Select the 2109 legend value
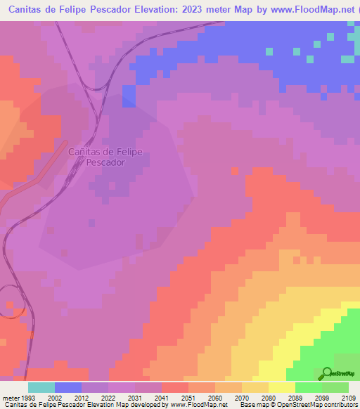(x=349, y=397)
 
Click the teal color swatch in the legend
(x=41, y=387)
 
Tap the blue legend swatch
(x=68, y=387)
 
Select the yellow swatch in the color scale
(x=282, y=387)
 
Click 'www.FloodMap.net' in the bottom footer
(x=199, y=405)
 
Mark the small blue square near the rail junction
(x=129, y=96)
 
